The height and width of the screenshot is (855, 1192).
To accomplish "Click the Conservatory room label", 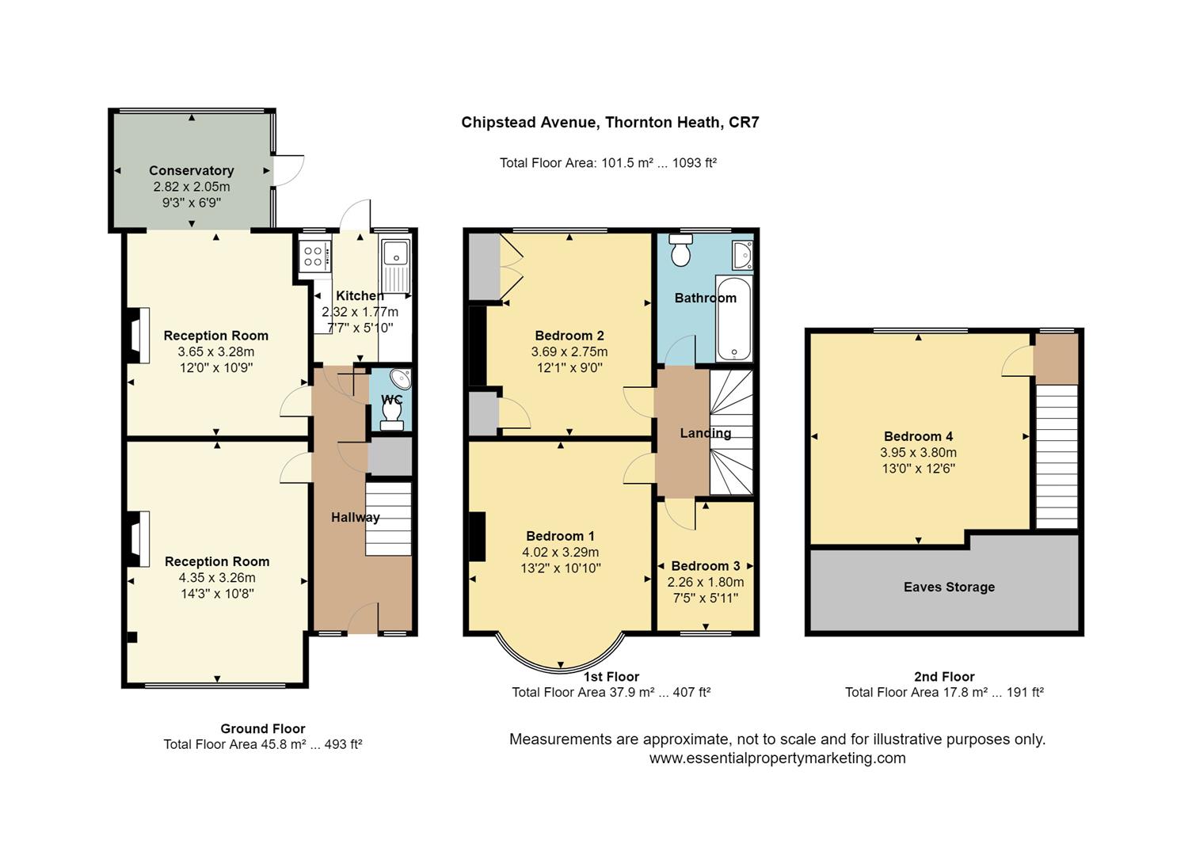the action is (192, 170).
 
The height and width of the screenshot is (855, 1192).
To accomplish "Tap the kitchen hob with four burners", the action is (314, 256).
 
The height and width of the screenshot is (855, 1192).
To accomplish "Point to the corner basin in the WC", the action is (401, 379).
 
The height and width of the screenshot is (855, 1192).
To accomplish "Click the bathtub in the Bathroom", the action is (734, 319).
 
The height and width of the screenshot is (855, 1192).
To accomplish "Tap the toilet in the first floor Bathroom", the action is (680, 250).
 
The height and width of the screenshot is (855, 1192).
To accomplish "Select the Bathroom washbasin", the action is (743, 255).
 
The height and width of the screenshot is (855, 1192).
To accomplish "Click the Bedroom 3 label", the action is (705, 566).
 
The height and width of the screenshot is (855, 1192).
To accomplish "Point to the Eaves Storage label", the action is (949, 587).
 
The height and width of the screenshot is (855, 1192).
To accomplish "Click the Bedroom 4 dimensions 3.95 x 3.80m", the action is (918, 453).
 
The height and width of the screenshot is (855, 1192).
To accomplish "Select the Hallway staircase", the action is (388, 519).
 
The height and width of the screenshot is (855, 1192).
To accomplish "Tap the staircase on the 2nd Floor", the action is (1057, 457).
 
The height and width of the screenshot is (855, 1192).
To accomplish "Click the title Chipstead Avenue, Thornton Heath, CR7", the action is (610, 123).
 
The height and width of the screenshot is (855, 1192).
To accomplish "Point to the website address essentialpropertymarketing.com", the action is (777, 758).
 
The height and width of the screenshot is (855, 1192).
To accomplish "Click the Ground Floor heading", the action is (263, 728).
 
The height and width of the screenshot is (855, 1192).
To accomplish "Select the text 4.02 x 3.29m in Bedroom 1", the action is (560, 553).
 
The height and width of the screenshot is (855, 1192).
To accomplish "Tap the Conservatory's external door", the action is (288, 170).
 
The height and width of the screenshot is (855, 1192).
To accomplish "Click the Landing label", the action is (706, 433).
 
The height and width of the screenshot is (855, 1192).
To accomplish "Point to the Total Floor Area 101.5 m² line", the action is (608, 163).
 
